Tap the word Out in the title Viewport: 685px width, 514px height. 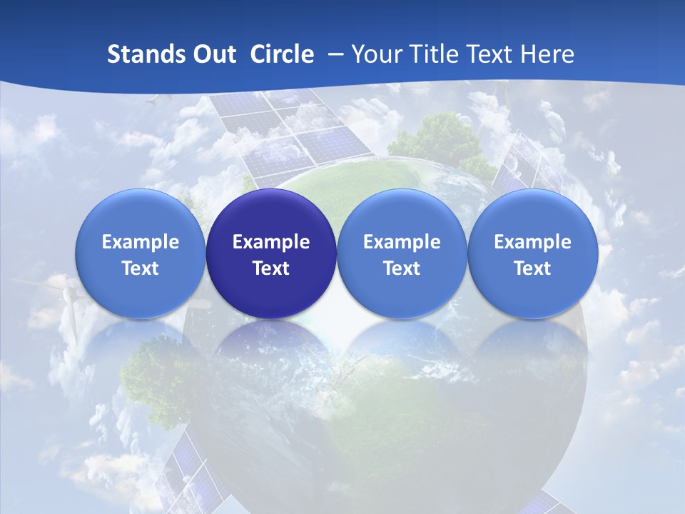click(x=213, y=54)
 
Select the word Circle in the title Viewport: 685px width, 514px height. click(x=282, y=54)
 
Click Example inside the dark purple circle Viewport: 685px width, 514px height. click(x=271, y=242)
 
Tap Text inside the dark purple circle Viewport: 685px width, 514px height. click(x=271, y=268)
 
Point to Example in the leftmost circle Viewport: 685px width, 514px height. click(x=140, y=242)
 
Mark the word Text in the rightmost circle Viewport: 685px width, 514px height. click(x=533, y=268)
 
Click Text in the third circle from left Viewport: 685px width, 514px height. click(x=402, y=268)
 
